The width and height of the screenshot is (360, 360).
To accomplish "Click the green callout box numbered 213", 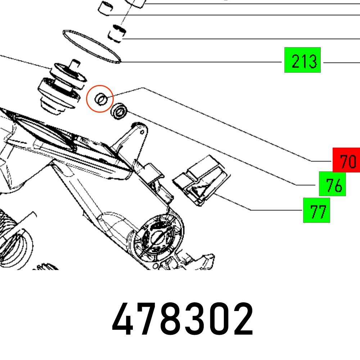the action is [302, 60].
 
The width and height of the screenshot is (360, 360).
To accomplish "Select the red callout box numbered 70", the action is [346, 160].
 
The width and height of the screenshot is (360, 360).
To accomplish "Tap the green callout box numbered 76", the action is [332, 184].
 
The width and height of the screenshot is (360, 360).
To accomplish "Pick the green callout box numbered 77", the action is [316, 210].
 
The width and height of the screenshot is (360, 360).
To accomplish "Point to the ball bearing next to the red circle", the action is [119, 111].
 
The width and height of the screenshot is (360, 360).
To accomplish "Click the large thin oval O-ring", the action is [92, 46].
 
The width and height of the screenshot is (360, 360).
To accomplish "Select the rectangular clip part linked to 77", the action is [201, 180].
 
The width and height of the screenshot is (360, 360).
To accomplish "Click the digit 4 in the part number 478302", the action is [122, 319].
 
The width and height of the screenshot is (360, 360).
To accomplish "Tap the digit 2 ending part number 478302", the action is [243, 319].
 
